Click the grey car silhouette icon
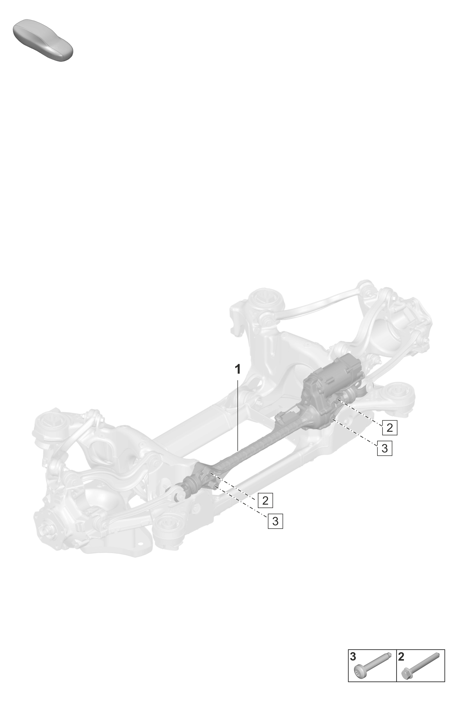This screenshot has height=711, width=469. (x=43, y=40)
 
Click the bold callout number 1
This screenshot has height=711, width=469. (x=238, y=369)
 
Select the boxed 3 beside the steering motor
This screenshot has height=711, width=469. (x=384, y=448)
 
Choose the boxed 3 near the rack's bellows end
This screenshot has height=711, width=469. (x=275, y=521)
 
